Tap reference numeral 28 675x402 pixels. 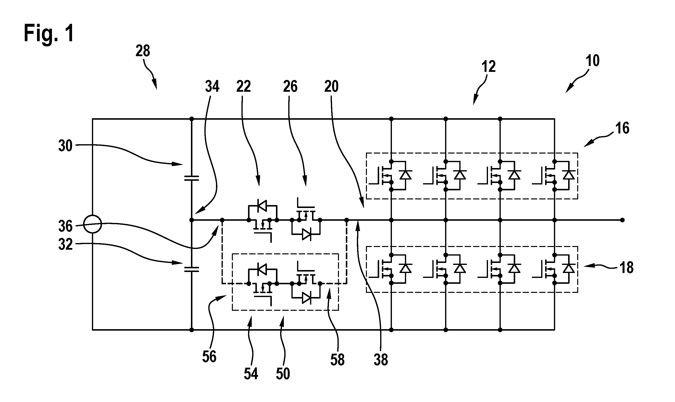(143, 51)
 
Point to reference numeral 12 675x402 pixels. (488, 66)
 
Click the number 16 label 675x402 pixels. (622, 128)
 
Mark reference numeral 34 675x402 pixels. (212, 87)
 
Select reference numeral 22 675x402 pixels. (243, 87)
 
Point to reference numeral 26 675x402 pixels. (290, 87)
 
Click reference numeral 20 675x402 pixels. (331, 87)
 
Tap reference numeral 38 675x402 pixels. (381, 360)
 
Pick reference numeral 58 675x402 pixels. (337, 360)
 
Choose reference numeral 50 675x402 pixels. (283, 374)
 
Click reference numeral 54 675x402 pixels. (251, 374)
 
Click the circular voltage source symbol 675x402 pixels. (92, 224)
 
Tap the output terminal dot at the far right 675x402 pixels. (622, 220)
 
